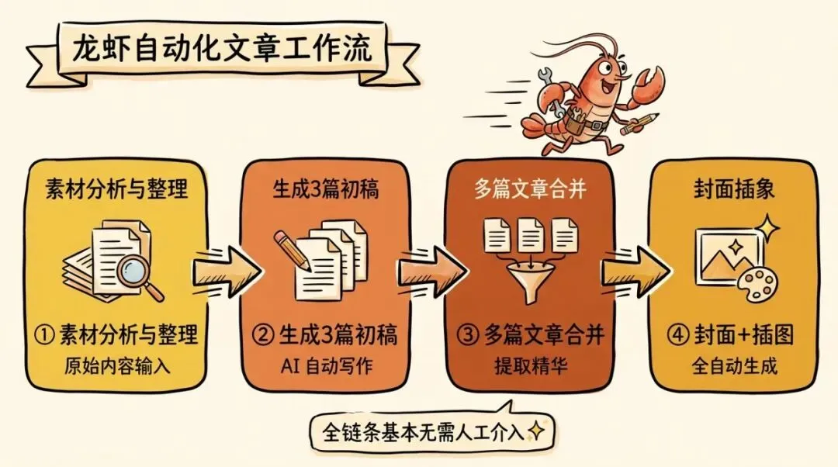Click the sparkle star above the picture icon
[x=769, y=227]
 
